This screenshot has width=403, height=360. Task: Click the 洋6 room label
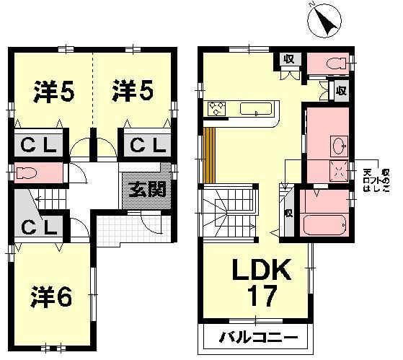(x=50, y=297)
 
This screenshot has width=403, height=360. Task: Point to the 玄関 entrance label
(x=148, y=190)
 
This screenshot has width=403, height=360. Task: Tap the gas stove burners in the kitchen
(x=216, y=110)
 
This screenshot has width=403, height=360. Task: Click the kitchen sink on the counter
(x=255, y=110)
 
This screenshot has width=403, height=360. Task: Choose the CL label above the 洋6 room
(x=36, y=228)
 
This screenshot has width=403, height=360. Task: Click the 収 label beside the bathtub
(x=288, y=214)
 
